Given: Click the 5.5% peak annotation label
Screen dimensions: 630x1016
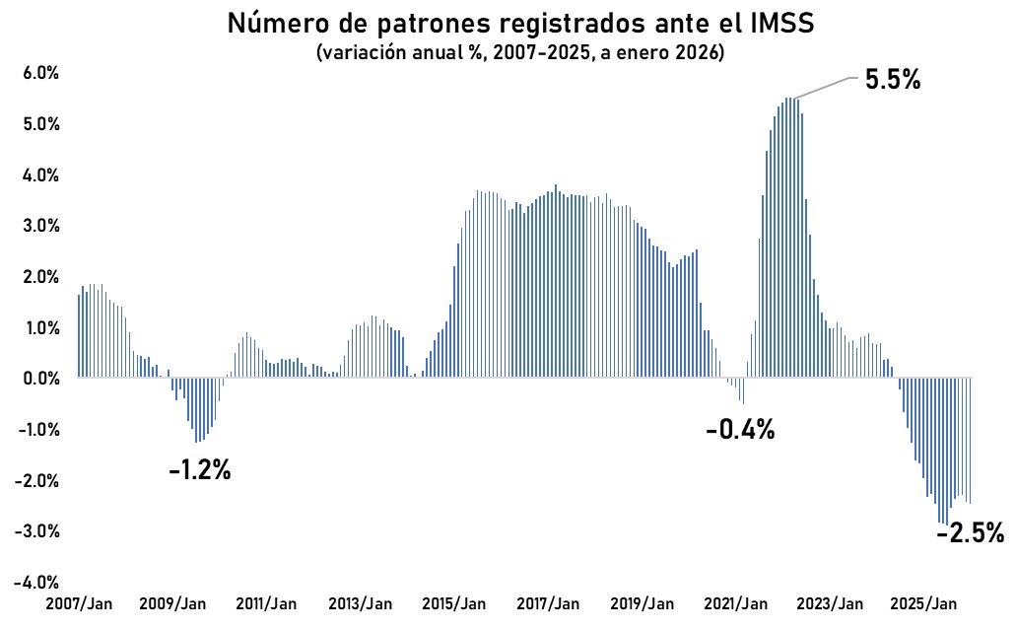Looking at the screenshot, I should [x=892, y=81].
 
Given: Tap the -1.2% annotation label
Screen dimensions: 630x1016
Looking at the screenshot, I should [x=199, y=470].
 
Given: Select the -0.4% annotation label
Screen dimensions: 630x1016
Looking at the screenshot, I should [x=740, y=430].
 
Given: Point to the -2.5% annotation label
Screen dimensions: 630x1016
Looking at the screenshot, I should [x=970, y=534].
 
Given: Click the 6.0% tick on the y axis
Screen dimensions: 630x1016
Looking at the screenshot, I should [x=36, y=74].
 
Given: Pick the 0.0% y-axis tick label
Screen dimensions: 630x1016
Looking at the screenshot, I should [x=36, y=379].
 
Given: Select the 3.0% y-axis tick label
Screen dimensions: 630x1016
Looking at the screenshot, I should [x=36, y=226].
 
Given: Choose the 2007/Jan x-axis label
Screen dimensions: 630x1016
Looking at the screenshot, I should [x=80, y=603].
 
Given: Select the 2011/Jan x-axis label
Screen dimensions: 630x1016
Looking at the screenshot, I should [x=268, y=603].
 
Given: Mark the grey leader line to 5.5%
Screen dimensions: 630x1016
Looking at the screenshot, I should [x=826, y=87].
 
